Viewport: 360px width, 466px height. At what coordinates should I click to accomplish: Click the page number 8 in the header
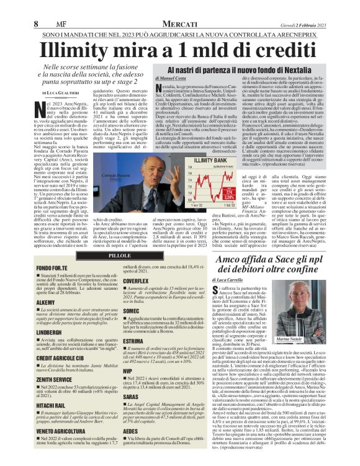[37, 24]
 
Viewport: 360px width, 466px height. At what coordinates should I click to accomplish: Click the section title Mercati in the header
[180, 24]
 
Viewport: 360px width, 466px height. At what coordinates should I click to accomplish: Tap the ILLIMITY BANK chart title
[212, 160]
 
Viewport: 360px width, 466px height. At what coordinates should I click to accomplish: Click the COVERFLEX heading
[136, 280]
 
